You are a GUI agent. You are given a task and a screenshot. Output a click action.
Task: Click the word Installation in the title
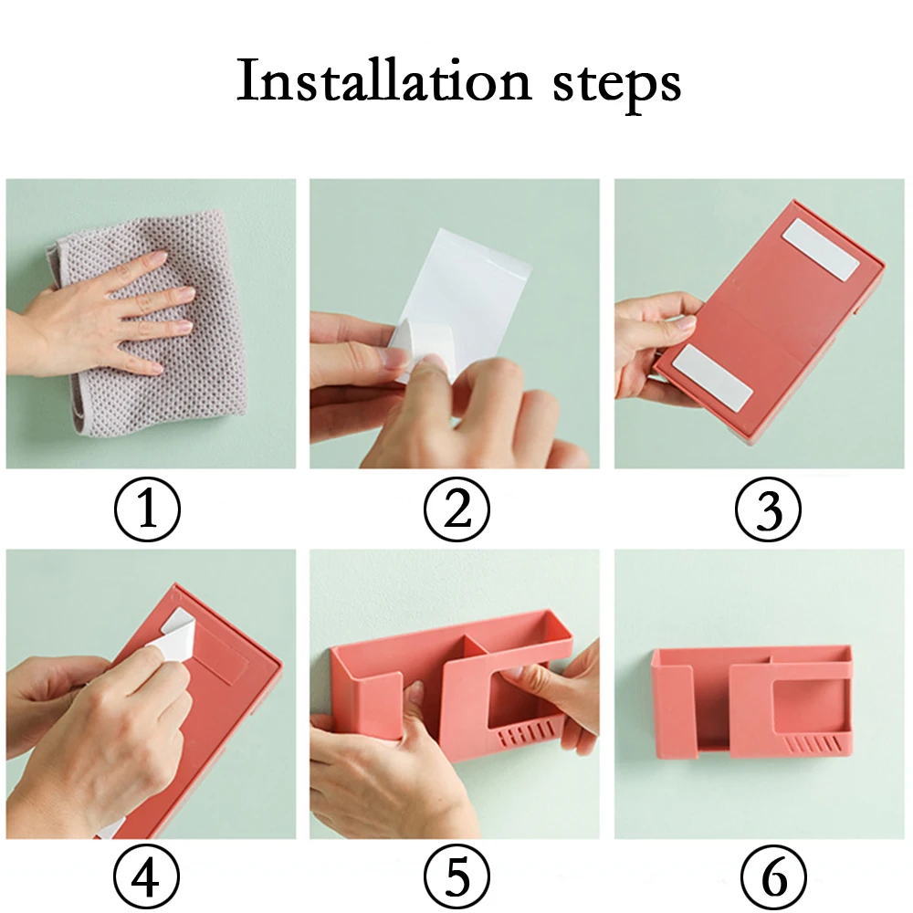click(383, 80)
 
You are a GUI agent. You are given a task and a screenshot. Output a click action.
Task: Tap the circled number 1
click(147, 509)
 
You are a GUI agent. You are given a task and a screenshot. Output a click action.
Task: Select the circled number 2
click(456, 509)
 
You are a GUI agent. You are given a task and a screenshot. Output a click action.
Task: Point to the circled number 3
click(768, 509)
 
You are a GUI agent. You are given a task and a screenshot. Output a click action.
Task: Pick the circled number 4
click(146, 877)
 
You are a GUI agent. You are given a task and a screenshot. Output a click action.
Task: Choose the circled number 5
click(456, 877)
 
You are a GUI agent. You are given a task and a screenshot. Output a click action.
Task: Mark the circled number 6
click(774, 877)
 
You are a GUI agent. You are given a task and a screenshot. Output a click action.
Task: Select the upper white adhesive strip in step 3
click(821, 248)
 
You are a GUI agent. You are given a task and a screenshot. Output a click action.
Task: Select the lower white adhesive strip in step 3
click(711, 375)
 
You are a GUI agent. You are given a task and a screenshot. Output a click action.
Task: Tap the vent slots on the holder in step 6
click(813, 745)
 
